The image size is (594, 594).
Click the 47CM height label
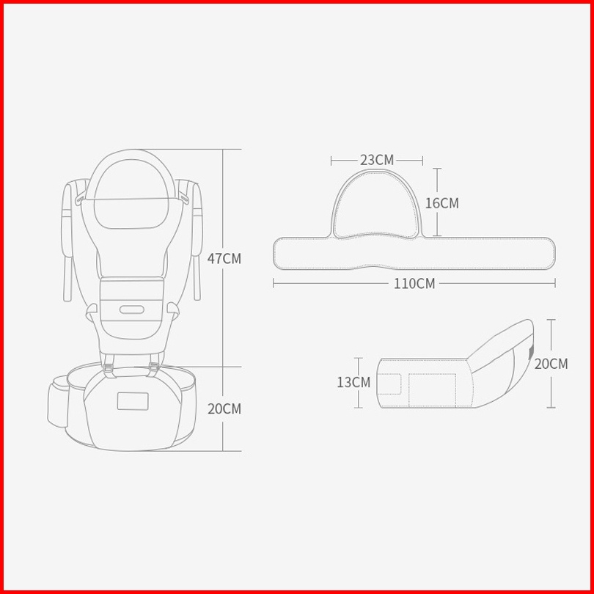(x=224, y=258)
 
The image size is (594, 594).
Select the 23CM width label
(x=377, y=161)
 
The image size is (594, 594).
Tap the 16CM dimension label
(x=441, y=203)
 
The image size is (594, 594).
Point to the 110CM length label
(x=414, y=283)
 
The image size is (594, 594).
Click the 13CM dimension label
(x=353, y=382)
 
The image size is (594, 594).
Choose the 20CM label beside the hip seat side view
(x=551, y=364)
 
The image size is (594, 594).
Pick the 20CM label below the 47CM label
(x=224, y=409)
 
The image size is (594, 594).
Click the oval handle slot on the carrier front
(x=132, y=309)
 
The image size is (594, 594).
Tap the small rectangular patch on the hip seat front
(x=133, y=401)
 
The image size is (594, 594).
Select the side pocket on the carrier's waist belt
(x=59, y=402)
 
